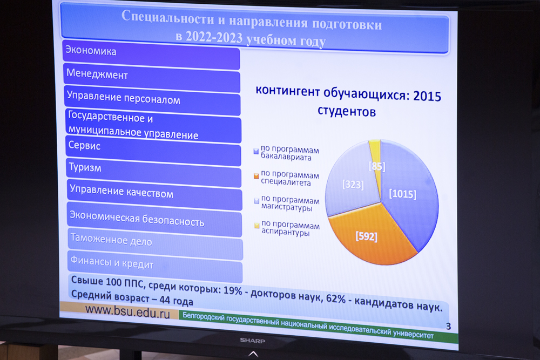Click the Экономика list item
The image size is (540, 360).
(151, 55)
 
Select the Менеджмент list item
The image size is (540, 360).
(152, 78)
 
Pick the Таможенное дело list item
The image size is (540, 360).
(156, 243)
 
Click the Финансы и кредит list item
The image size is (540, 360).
(156, 267)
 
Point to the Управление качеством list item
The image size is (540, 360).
(154, 195)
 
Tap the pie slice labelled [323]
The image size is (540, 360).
(352, 182)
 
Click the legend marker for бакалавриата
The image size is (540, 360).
(256, 151)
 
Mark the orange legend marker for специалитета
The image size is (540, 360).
(256, 176)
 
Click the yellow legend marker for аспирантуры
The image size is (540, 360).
(257, 226)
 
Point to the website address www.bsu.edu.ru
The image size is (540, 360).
(128, 311)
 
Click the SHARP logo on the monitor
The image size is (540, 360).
(252, 341)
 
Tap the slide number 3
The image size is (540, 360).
(448, 327)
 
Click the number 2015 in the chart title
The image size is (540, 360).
(427, 96)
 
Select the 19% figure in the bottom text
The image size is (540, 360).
(233, 291)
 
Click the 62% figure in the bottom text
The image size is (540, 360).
(335, 298)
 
